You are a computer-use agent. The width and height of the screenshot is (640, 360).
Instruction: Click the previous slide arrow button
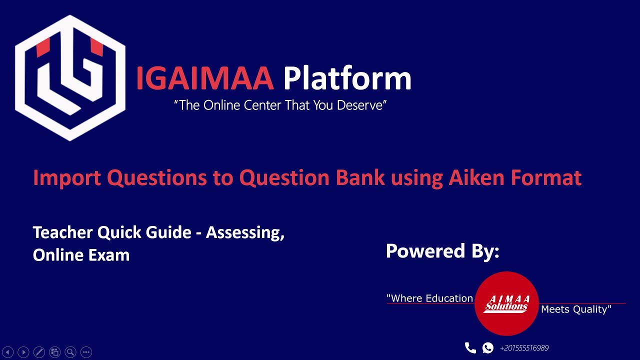tap(8, 352)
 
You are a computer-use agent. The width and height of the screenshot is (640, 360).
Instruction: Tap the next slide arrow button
tap(23, 352)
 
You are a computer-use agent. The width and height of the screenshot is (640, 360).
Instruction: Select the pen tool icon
tap(39, 352)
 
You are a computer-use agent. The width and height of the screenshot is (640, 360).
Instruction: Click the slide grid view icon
tap(55, 352)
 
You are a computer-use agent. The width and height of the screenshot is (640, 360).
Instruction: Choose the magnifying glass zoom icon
tap(70, 352)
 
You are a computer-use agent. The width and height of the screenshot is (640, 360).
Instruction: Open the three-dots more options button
tap(86, 352)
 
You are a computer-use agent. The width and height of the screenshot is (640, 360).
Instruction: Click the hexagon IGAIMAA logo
tap(70, 77)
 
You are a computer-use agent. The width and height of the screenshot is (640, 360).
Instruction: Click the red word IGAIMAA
tap(204, 79)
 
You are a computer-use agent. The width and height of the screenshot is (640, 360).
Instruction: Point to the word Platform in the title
tap(347, 79)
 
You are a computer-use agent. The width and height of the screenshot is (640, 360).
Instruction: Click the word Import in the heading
tap(67, 177)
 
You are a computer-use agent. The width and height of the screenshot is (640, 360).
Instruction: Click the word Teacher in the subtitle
tap(62, 232)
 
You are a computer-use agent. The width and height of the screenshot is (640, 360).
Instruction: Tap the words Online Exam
tap(81, 255)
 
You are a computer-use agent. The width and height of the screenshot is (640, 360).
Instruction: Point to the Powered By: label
tap(442, 250)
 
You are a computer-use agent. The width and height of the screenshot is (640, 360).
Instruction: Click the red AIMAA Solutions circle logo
tap(506, 303)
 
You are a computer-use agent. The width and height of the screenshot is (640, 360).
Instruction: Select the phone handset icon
tap(470, 347)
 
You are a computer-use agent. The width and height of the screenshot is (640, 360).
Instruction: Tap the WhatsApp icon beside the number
tap(487, 348)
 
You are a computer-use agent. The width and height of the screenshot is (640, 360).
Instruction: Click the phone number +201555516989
tap(524, 348)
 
